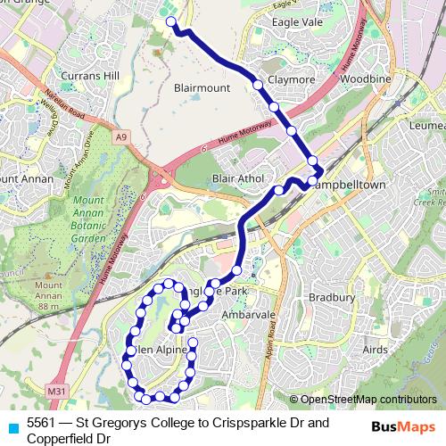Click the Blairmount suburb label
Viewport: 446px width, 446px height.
(x=202, y=88)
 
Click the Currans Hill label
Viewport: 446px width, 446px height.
(x=91, y=77)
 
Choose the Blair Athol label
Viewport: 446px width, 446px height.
(x=238, y=179)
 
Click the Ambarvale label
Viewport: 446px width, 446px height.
(x=248, y=315)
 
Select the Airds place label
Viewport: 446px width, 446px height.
(x=376, y=351)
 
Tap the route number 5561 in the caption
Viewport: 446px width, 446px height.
(x=41, y=423)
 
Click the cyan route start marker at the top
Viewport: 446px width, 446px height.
(x=170, y=23)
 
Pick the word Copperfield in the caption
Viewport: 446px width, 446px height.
(x=59, y=438)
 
